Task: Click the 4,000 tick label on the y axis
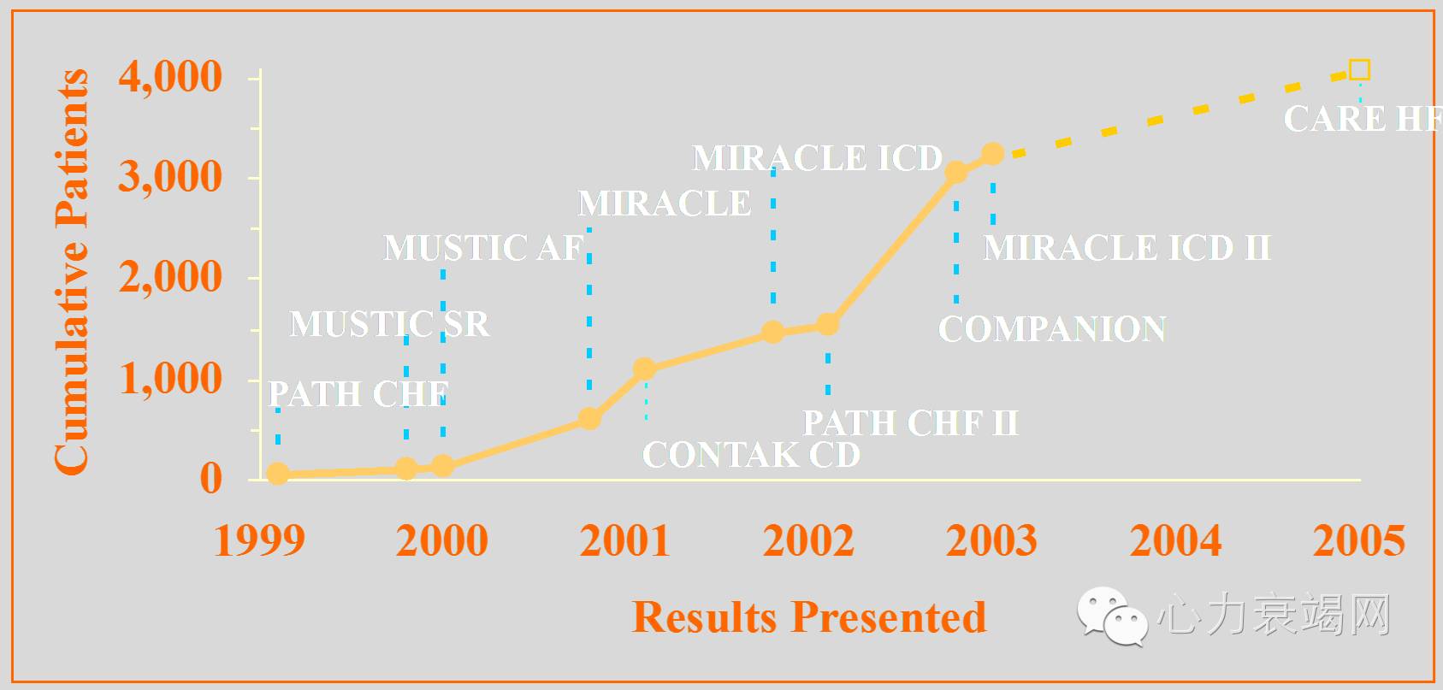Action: pos(170,77)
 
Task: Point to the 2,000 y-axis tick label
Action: pos(170,278)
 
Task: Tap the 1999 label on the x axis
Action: pos(259,541)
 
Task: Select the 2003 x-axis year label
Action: pos(991,541)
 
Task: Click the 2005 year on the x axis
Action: pos(1358,541)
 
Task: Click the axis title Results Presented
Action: pos(808,617)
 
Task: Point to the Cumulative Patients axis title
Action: pos(72,272)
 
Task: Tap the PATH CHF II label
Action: pos(910,423)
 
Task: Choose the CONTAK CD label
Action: pos(751,455)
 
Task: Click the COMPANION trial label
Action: pos(1052,329)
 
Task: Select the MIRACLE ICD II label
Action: pos(1127,248)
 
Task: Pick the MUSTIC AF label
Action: pos(483,248)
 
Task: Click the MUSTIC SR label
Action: pos(389,324)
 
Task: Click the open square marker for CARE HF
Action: pos(1359,70)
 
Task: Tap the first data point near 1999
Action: pos(278,474)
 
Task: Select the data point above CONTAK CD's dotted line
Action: pos(645,369)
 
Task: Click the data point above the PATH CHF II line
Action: pos(827,324)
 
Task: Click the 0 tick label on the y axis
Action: pos(210,479)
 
